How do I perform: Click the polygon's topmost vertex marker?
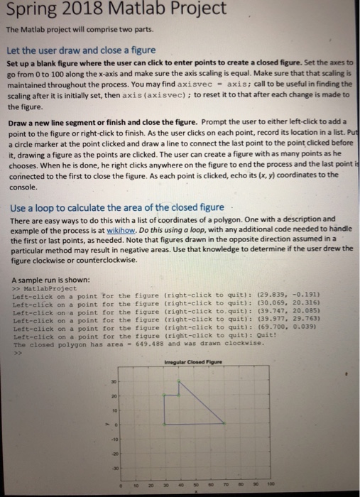[x=180, y=382]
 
